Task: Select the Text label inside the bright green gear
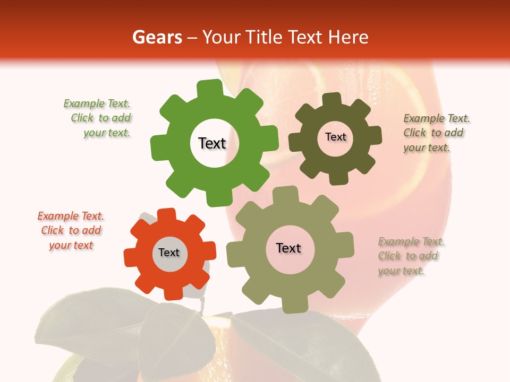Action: pyautogui.click(x=212, y=143)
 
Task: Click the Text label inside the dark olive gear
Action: pyautogui.click(x=335, y=137)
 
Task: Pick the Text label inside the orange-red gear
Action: pyautogui.click(x=169, y=253)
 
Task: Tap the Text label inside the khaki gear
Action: pyautogui.click(x=288, y=248)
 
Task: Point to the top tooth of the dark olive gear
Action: pyautogui.click(x=331, y=100)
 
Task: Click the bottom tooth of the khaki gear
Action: pyautogui.click(x=293, y=305)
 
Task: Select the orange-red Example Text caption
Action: pyautogui.click(x=71, y=230)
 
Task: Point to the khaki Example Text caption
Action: pyautogui.click(x=410, y=256)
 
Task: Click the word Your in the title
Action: pyautogui.click(x=223, y=37)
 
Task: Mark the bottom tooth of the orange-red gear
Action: pyautogui.click(x=173, y=293)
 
